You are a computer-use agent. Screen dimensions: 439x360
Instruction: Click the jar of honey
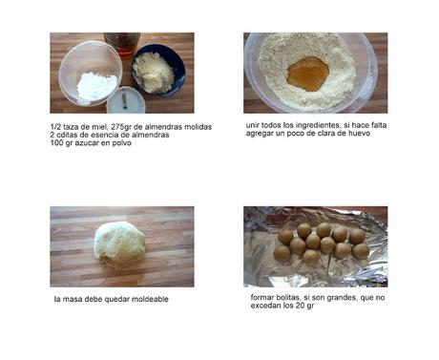(x=122, y=44)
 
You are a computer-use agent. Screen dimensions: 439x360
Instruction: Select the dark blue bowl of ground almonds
(x=158, y=74)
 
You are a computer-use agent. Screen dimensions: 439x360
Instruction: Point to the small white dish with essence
(x=126, y=100)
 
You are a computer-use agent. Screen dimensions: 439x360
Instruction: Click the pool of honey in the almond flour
(x=308, y=74)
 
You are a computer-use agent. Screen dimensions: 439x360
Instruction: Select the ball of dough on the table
(x=119, y=244)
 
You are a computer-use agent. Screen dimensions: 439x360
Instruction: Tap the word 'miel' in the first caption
(x=99, y=127)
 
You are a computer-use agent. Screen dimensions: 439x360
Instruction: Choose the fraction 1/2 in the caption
(x=55, y=127)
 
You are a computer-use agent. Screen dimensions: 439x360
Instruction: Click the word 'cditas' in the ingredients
(x=66, y=135)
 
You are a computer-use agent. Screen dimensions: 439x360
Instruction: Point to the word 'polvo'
(x=121, y=143)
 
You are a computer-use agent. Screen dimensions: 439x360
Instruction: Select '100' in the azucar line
(x=56, y=143)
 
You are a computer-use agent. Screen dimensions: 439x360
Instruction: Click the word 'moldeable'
(x=150, y=299)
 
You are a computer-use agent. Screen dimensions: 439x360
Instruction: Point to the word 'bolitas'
(x=288, y=298)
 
